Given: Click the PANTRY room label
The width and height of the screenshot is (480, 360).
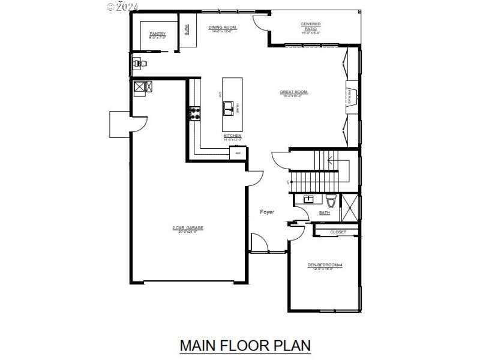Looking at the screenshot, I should (157, 34).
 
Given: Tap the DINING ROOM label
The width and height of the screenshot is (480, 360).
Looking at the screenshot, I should (222, 28).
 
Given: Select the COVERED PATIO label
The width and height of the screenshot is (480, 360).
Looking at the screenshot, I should (311, 25).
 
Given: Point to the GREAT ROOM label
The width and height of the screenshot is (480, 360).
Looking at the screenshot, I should (293, 92).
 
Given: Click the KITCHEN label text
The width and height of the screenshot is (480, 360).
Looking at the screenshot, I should (232, 136).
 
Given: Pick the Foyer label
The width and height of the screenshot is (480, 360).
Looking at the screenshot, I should (267, 212).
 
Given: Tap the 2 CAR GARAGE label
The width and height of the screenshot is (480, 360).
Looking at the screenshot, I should (188, 228).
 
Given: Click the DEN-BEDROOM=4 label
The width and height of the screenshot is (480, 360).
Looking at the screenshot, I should (325, 265).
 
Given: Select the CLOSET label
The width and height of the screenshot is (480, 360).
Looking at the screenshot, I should (338, 232).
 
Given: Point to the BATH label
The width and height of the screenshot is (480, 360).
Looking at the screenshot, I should (324, 212).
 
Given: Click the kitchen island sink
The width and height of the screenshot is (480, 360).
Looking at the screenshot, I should (229, 108).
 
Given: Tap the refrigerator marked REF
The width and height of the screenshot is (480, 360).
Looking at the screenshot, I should (238, 153).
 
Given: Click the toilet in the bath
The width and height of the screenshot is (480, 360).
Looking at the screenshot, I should (329, 200).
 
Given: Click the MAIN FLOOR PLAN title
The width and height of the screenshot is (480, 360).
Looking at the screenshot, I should (245, 346).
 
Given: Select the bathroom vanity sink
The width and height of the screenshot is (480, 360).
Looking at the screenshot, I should (308, 199).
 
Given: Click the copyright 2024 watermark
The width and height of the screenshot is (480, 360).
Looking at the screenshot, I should (122, 7).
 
